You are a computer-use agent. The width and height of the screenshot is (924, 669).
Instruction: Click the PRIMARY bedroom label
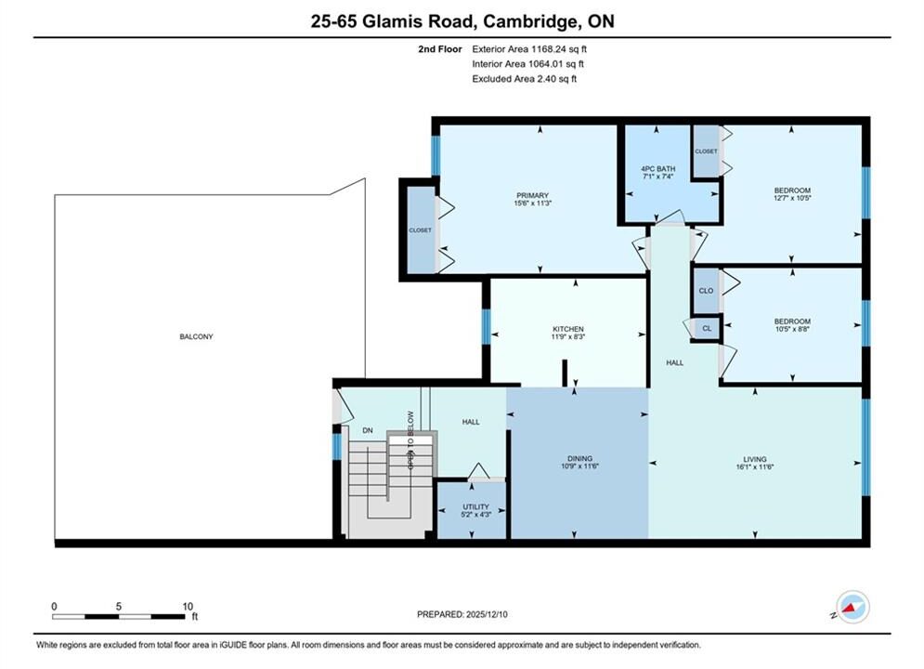click(x=533, y=196)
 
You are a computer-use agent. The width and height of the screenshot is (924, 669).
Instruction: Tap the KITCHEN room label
click(x=568, y=329)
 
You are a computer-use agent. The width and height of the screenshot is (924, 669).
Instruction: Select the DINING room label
click(x=579, y=459)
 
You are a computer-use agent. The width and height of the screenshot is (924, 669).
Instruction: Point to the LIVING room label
click(x=755, y=459)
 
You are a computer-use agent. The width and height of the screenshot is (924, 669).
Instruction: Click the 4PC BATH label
click(x=658, y=168)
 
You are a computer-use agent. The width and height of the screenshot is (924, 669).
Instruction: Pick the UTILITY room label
click(x=475, y=507)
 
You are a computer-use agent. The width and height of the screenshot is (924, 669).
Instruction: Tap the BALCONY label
click(x=196, y=336)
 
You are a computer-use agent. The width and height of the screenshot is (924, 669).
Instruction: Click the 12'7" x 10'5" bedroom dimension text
click(x=792, y=198)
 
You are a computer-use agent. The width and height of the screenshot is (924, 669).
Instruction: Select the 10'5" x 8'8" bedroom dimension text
click(x=792, y=329)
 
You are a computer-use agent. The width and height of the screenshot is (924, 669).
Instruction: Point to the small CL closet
click(x=707, y=329)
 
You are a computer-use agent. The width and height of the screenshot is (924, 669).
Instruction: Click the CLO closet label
click(x=706, y=291)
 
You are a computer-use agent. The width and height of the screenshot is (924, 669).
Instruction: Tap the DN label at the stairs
click(x=368, y=430)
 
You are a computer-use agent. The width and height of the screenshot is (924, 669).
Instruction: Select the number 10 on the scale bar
click(x=188, y=607)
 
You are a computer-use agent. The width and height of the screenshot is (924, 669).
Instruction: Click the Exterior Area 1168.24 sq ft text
click(x=529, y=49)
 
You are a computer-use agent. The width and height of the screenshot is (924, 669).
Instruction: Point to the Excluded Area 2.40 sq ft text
click(x=524, y=79)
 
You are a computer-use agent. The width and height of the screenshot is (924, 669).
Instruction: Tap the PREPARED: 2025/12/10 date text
click(x=462, y=614)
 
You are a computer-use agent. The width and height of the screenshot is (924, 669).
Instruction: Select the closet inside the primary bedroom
click(x=421, y=230)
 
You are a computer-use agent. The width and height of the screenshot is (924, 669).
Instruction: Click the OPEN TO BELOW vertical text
click(x=410, y=439)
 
